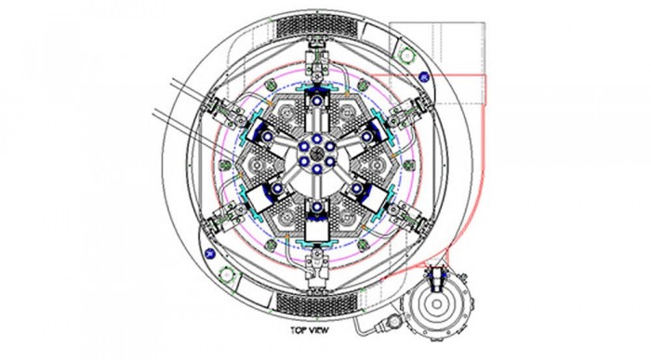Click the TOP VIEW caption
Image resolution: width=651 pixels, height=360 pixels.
coord(310,330)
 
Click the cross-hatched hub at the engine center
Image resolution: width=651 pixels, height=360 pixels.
coord(317,153)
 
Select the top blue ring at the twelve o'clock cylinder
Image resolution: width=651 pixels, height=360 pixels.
coord(317,100)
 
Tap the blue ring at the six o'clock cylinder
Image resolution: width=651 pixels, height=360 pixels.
coord(317,207)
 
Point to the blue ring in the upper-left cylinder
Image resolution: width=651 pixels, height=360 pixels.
coord(268,136)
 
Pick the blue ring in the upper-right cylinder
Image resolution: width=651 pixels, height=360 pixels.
coord(366,136)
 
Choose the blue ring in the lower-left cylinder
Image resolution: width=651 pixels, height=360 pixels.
coord(277,189)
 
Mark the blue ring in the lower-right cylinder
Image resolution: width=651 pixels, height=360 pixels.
coord(356,189)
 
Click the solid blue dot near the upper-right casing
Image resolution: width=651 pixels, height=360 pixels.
coord(423,76)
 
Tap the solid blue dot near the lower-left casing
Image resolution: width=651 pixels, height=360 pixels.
coord(210,253)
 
